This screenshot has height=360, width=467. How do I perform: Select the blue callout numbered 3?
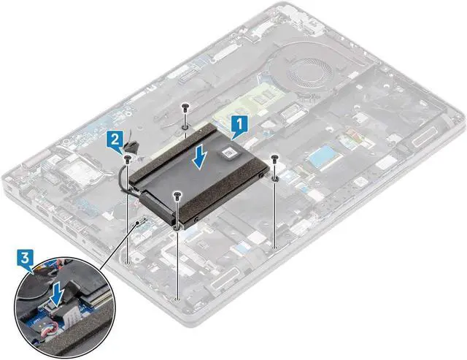pyautogui.click(x=25, y=259)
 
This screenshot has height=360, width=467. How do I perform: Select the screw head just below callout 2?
pyautogui.click(x=129, y=156)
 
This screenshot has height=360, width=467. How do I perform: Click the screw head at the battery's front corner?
pyautogui.click(x=178, y=195)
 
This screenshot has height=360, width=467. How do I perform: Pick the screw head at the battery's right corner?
pyautogui.click(x=275, y=157)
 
